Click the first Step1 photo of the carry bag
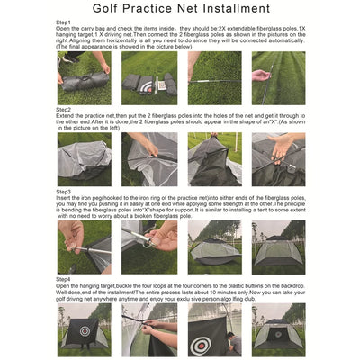pos(84,76)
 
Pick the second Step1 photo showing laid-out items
pos(148,76)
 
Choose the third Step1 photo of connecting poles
pos(214,76)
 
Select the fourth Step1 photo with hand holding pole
pos(279,76)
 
